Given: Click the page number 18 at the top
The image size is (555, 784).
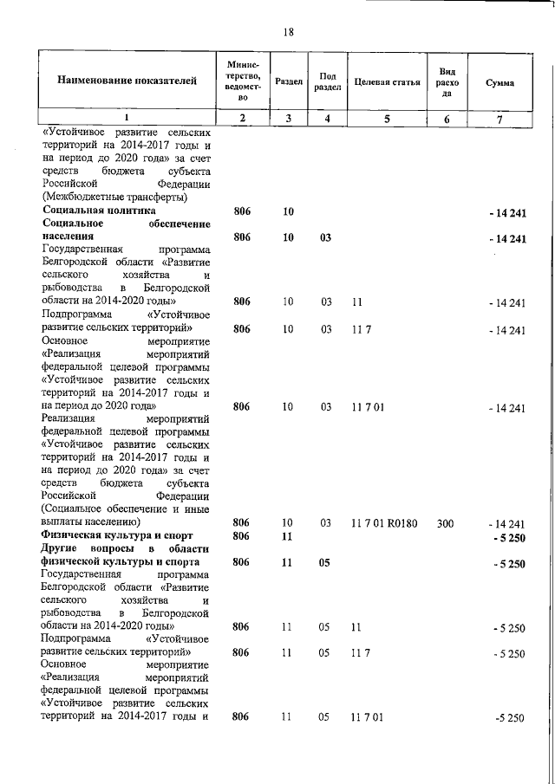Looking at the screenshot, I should [289, 32].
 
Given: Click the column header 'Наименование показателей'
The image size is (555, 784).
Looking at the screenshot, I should [127, 82].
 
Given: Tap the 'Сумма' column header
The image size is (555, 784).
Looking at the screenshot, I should [499, 82].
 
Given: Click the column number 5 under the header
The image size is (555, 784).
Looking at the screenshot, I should [387, 119].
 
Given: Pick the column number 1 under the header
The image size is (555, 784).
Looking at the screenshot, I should [127, 119].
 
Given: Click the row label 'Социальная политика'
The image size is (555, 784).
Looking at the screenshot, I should [98, 211].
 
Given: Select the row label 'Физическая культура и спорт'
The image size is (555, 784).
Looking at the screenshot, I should [112, 536].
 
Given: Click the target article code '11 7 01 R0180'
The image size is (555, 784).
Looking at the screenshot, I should [384, 523].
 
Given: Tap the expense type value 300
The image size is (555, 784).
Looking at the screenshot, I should [445, 523].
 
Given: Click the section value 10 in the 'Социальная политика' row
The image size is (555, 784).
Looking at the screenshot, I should [288, 211].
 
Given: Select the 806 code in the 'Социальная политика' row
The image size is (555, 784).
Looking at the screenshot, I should [242, 211].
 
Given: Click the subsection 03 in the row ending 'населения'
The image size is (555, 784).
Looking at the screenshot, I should [326, 236].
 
